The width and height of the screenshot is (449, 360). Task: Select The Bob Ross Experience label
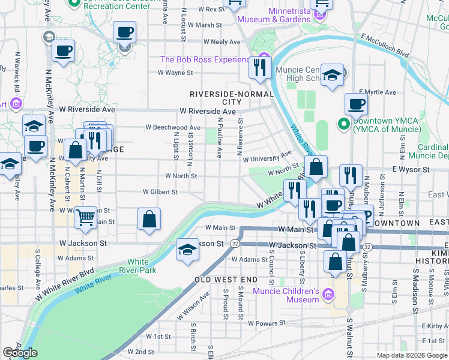tap(204, 60)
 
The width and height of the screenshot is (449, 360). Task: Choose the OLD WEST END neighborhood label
tap(226, 280)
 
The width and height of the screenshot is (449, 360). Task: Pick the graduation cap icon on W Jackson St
tap(188, 249)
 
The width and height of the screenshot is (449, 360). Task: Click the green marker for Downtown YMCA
tap(343, 125)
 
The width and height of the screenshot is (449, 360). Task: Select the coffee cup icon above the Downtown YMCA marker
tap(356, 103)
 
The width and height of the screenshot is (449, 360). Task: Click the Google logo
tap(20, 353)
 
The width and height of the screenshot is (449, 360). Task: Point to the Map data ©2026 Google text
tap(412, 355)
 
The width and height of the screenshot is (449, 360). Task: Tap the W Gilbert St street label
tap(160, 192)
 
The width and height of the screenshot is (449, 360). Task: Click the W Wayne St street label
tap(175, 73)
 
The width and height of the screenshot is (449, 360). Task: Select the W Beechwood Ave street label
tap(173, 127)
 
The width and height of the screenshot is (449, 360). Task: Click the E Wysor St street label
tap(412, 170)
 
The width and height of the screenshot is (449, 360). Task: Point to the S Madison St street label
tap(415, 295)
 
